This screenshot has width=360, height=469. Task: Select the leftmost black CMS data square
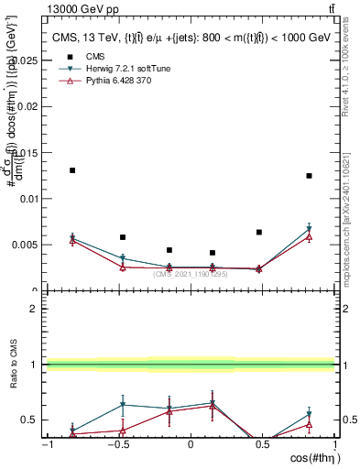pos(72,170)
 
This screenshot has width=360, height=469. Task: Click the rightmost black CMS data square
pos(310,176)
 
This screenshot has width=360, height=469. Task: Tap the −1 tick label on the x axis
pos(46,444)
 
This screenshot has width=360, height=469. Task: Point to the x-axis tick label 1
pos(332,444)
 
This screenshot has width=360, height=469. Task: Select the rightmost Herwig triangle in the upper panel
pos(310,228)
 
